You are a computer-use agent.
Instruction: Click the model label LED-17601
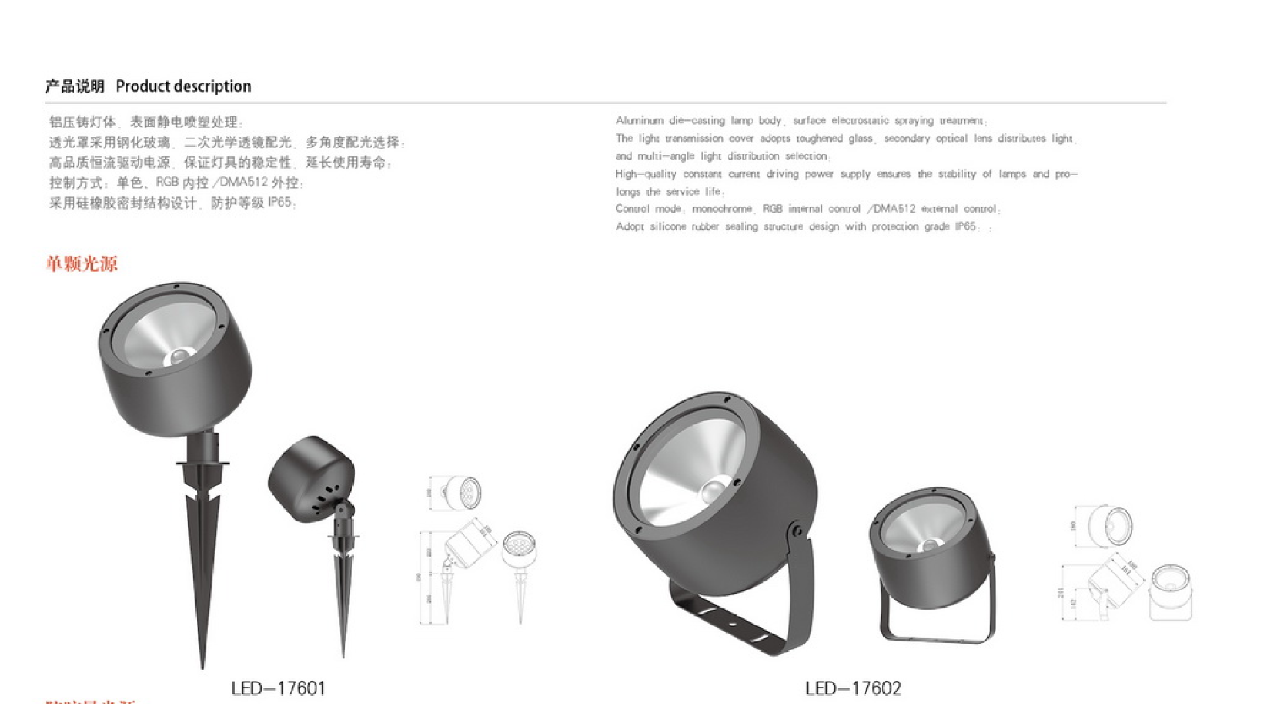pyautogui.click(x=278, y=689)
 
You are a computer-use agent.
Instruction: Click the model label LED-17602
pyautogui.click(x=853, y=689)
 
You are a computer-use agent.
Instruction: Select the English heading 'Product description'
pyautogui.click(x=183, y=86)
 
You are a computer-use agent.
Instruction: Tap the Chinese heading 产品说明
pyautogui.click(x=75, y=86)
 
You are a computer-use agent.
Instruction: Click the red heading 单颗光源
pyautogui.click(x=82, y=264)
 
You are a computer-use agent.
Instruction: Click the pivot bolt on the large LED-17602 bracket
pyautogui.click(x=797, y=530)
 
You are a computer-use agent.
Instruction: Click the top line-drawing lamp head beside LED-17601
pyautogui.click(x=462, y=493)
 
